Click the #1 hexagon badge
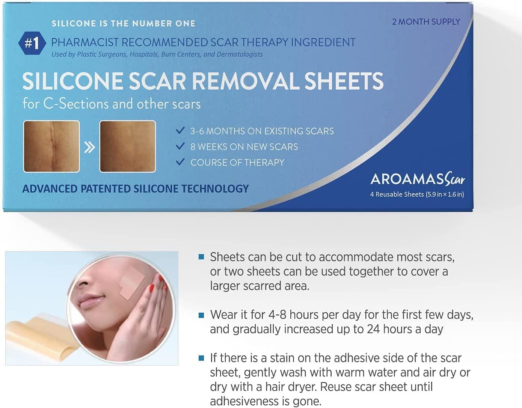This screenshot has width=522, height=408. [32, 43]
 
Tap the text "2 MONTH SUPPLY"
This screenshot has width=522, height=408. [426, 22]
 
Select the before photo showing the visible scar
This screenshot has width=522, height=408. [51, 146]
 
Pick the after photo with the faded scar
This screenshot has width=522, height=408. [128, 146]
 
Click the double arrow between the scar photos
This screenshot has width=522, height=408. [89, 148]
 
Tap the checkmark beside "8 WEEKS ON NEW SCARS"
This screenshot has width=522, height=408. [180, 146]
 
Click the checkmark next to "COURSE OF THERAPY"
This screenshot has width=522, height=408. [180, 162]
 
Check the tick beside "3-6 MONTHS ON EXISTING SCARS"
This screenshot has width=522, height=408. [180, 130]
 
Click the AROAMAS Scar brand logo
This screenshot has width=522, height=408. [417, 180]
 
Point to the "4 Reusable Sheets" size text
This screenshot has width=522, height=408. [417, 194]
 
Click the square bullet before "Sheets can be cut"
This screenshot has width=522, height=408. [201, 257]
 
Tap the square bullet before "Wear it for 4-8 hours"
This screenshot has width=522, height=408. [201, 315]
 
